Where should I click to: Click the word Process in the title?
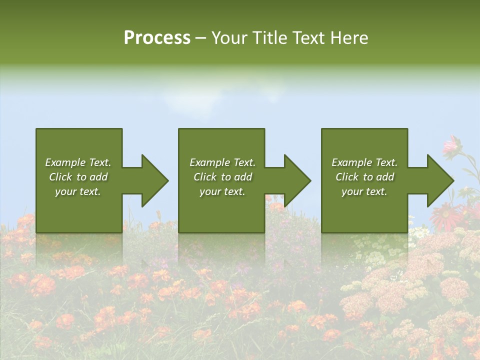tap(157, 38)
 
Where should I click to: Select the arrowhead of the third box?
tap(439, 180)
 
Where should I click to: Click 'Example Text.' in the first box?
tap(78, 162)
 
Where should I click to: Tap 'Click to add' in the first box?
tap(78, 177)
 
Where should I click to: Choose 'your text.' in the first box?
tap(78, 191)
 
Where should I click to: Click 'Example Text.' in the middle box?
tap(222, 162)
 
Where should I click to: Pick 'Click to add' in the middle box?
tap(222, 177)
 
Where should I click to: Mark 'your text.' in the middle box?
tap(222, 191)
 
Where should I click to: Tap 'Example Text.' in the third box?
tap(364, 162)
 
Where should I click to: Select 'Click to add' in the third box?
tap(364, 177)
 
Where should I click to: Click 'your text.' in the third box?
tap(364, 191)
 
